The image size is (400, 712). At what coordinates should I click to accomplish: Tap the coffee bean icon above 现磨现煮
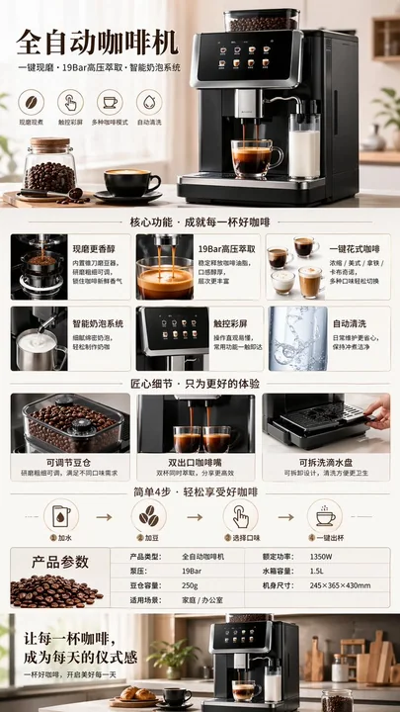click(31, 102)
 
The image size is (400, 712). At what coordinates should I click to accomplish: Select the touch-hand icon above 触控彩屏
click(69, 102)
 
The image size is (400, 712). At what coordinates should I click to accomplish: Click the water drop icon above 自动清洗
click(149, 102)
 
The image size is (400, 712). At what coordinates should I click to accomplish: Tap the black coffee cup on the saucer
click(131, 182)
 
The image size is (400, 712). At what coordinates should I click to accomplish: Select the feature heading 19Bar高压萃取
click(226, 249)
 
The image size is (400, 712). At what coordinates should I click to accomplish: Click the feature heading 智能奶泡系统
click(98, 323)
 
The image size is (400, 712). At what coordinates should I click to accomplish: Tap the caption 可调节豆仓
click(69, 462)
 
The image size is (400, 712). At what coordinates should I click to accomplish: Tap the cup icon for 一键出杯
click(325, 516)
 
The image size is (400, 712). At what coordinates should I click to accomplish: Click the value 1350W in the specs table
click(321, 557)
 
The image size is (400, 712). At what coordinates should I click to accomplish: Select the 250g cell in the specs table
click(192, 585)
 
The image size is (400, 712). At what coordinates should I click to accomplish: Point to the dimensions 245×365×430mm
click(340, 585)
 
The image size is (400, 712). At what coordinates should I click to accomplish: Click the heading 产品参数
click(59, 562)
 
